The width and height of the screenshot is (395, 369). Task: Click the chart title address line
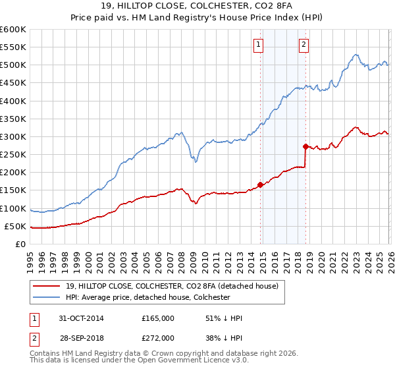coord(197,7)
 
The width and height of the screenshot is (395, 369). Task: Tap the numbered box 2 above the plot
coord(303,45)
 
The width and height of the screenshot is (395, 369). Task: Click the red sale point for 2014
coord(261,184)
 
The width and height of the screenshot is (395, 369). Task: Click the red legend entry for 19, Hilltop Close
coord(172,286)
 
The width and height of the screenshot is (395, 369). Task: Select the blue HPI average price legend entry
coord(147,297)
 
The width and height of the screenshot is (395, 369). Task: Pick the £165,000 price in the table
coord(158,318)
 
